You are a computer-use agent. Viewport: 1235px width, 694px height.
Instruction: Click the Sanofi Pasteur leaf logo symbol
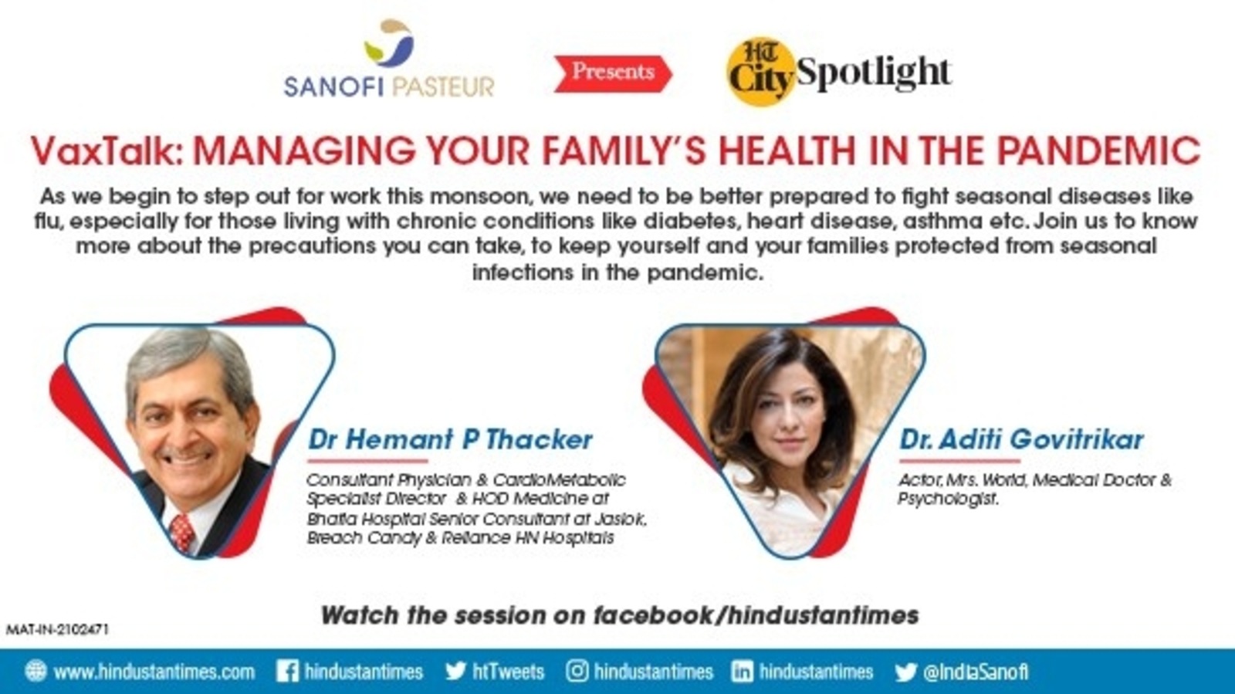tap(389, 43)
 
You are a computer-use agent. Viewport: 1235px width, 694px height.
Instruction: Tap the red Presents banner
tap(613, 73)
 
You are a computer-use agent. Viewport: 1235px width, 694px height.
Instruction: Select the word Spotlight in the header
tap(875, 74)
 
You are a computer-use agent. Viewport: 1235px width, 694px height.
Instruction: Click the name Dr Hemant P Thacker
tap(450, 440)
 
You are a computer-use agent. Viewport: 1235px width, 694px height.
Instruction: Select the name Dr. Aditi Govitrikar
tap(1022, 440)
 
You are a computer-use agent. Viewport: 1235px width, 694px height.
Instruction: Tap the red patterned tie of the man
tap(182, 533)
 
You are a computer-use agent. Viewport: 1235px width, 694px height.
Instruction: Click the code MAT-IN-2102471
tap(57, 629)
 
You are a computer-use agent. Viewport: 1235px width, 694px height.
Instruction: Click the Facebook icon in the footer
tap(287, 672)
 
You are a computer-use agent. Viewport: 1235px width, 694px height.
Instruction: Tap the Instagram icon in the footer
tap(577, 672)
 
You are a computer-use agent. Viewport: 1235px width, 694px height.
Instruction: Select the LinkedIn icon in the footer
tap(742, 672)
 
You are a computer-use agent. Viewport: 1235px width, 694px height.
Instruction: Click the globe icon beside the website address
tap(36, 672)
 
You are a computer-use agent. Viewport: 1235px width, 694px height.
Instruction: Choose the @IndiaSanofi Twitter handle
tap(976, 672)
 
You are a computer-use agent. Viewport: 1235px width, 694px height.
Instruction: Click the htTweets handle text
tap(509, 672)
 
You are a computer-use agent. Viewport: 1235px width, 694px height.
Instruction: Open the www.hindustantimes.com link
tap(154, 672)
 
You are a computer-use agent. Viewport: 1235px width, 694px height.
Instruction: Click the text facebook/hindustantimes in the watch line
tap(756, 615)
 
